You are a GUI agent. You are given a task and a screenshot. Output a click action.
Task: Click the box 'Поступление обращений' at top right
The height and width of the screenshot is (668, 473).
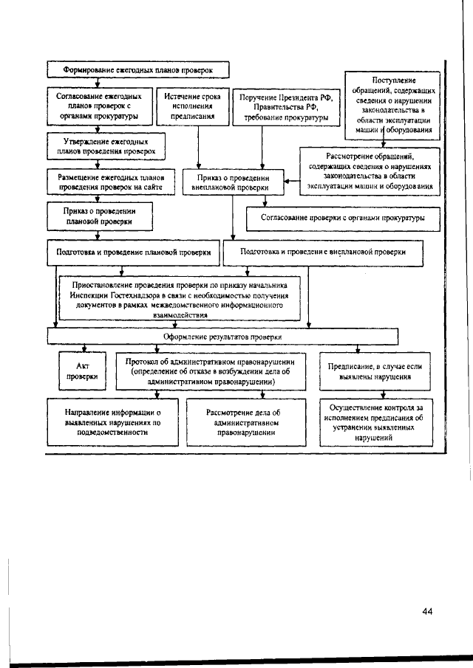pyautogui.click(x=394, y=104)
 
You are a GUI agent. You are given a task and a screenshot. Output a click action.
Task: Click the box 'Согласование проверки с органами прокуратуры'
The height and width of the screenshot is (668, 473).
pyautogui.click(x=343, y=218)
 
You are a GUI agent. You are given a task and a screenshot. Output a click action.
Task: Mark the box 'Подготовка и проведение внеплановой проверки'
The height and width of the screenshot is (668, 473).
pyautogui.click(x=324, y=252)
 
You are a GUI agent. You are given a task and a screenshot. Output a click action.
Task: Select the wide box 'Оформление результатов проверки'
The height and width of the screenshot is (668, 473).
pyautogui.click(x=221, y=337)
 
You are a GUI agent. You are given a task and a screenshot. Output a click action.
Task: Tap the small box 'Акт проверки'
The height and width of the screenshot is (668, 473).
pyautogui.click(x=83, y=371)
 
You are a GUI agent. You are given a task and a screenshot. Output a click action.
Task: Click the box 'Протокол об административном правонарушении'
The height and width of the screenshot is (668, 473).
pyautogui.click(x=211, y=372)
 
